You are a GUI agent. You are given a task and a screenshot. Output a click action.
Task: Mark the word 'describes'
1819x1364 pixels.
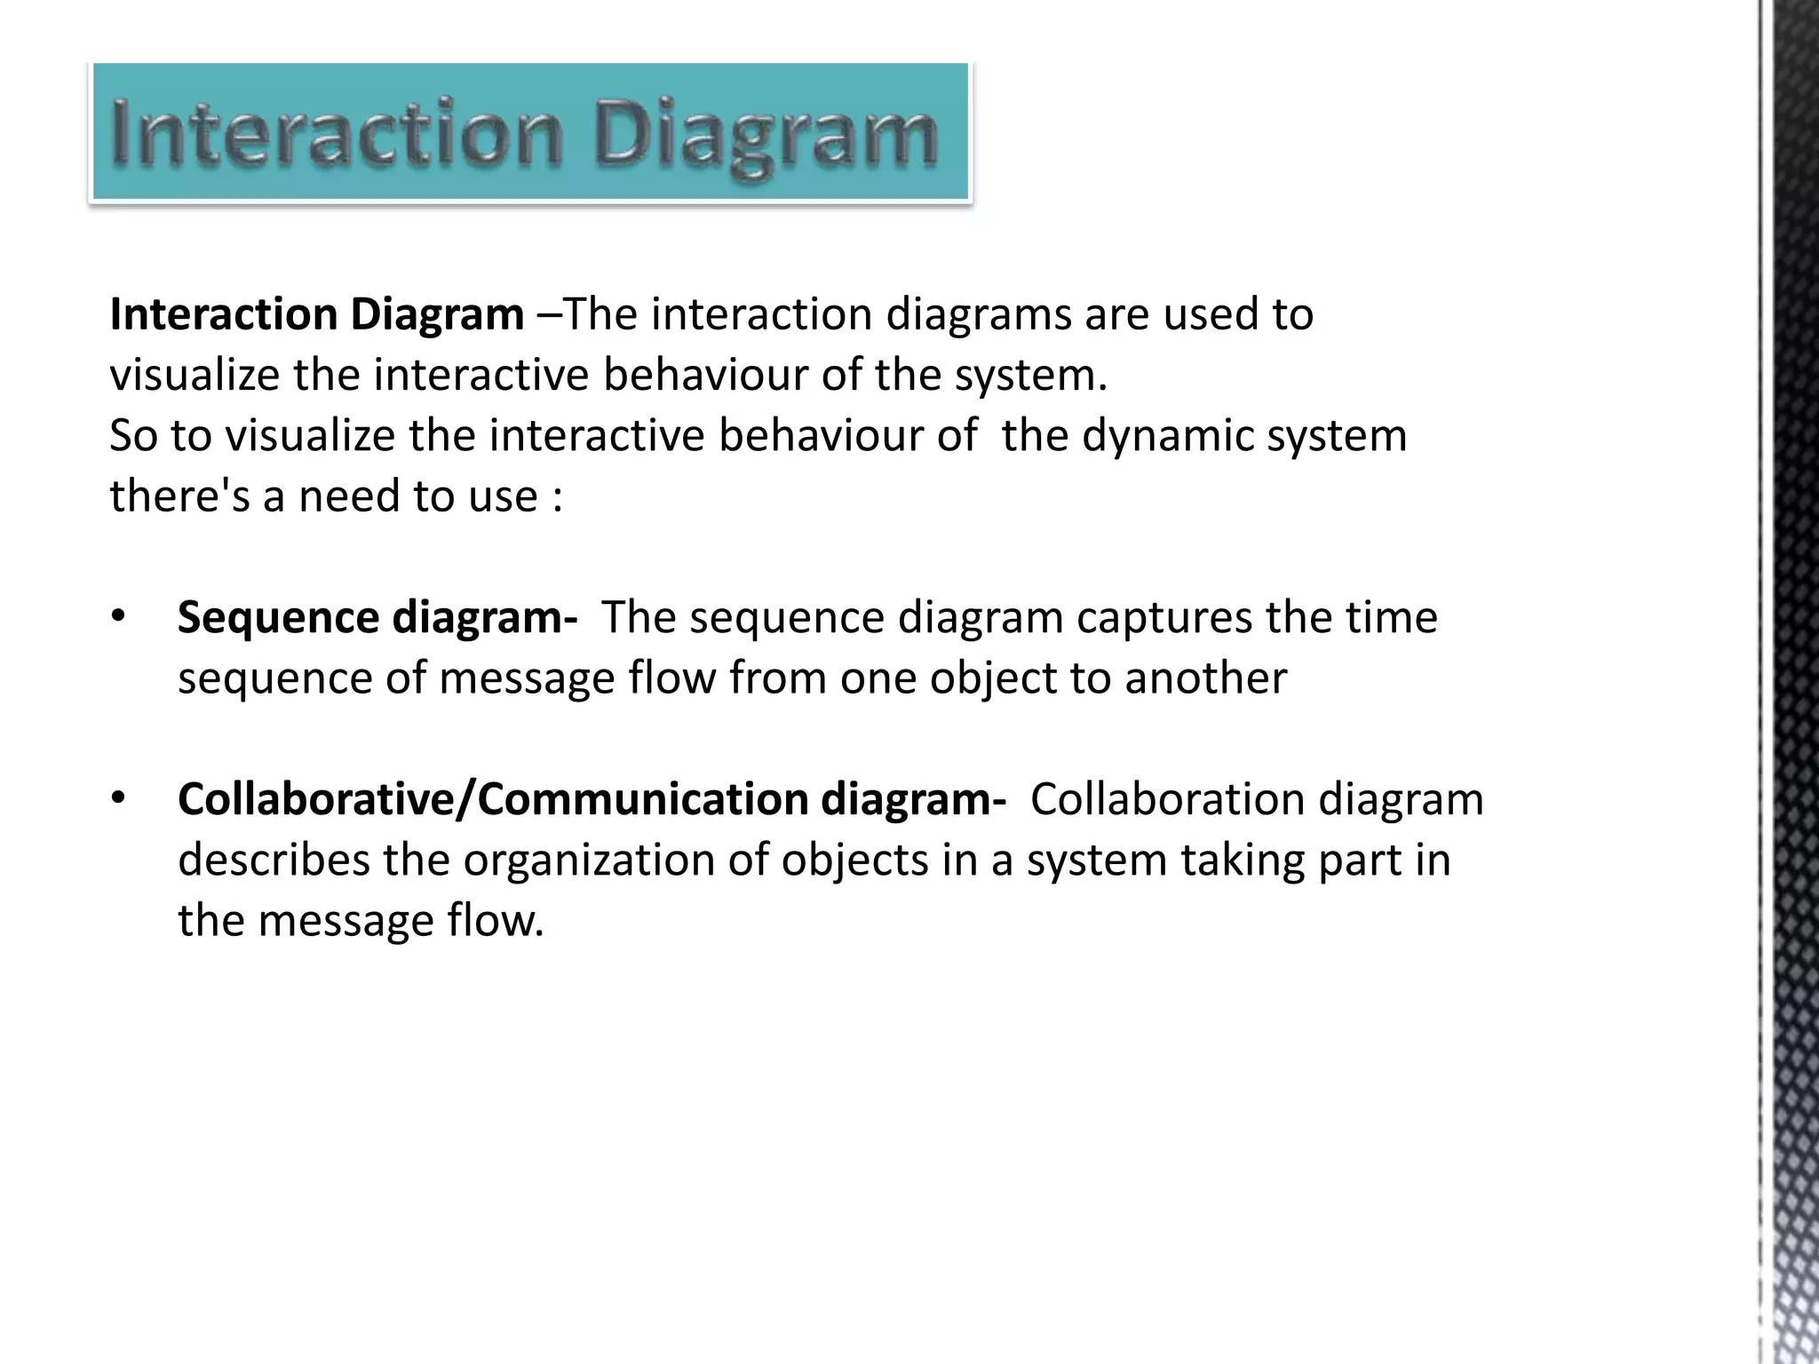click(274, 860)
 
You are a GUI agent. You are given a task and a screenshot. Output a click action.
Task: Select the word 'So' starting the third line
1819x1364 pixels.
click(133, 436)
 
